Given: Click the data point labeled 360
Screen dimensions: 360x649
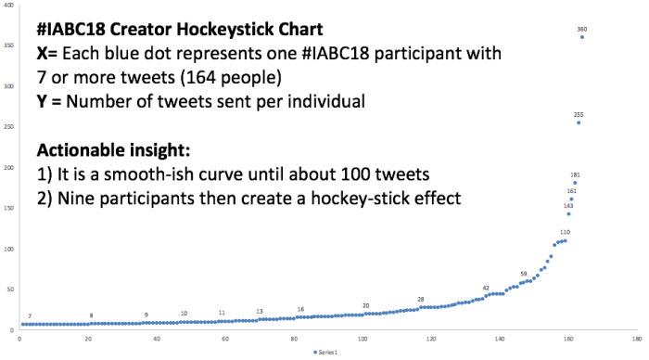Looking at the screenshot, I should click(x=581, y=37).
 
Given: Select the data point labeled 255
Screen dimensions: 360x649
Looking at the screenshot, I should click(x=579, y=122).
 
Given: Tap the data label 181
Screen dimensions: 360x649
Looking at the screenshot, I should click(x=575, y=174).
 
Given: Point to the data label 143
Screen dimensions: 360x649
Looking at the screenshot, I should click(x=568, y=206).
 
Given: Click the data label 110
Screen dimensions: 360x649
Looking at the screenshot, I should click(x=565, y=232).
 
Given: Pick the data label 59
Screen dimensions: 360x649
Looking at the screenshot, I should click(x=524, y=274).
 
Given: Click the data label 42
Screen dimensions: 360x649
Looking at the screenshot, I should click(x=486, y=288).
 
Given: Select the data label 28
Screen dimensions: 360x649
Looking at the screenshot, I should click(x=421, y=299).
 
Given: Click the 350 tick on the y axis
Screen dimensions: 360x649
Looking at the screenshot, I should click(x=9, y=45).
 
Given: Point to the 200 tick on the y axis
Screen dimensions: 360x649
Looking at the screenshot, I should click(x=9, y=168).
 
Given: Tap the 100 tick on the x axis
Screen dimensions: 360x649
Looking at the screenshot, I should click(x=363, y=339).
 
